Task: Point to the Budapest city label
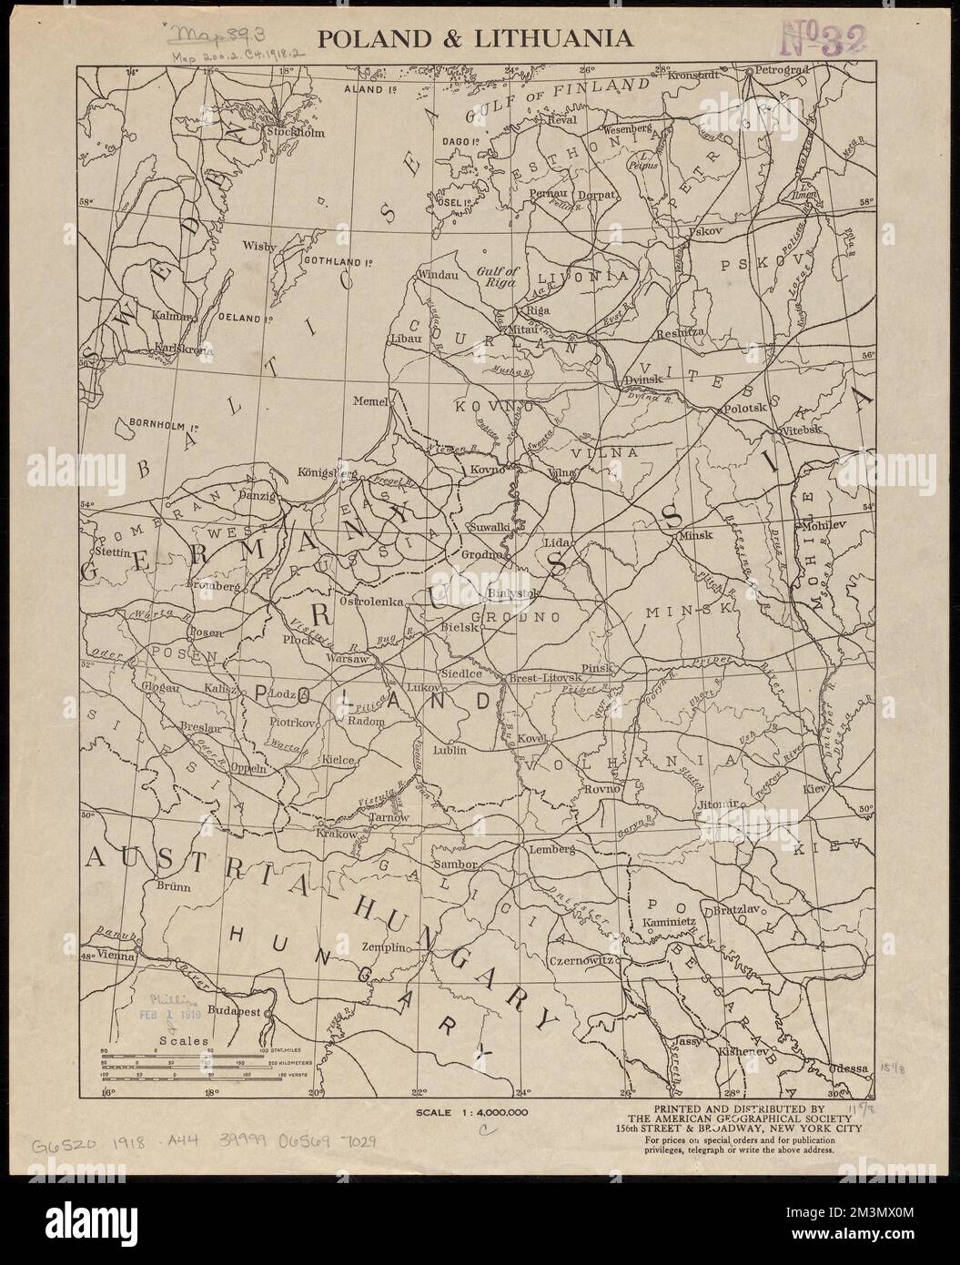[x=236, y=1011]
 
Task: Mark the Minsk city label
[x=695, y=536]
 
